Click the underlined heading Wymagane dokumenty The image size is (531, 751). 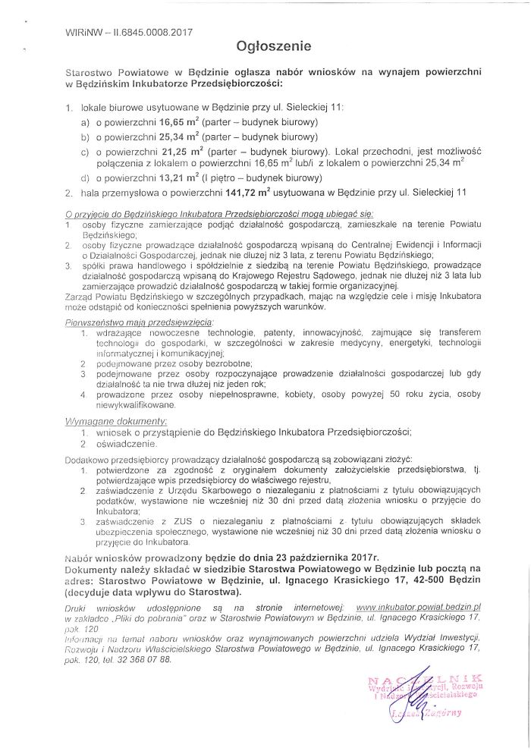117,419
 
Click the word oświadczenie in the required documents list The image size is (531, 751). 125,443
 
